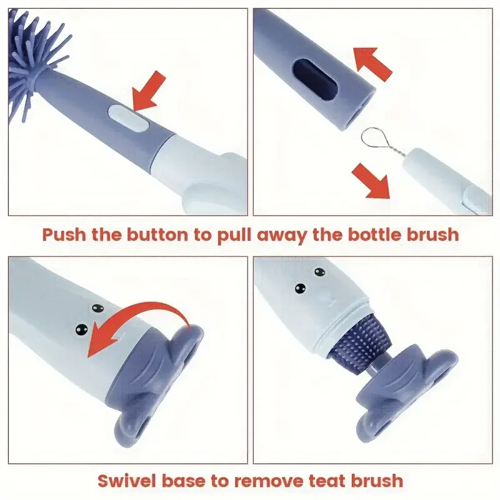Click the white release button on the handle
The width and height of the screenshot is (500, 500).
coord(128,117)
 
